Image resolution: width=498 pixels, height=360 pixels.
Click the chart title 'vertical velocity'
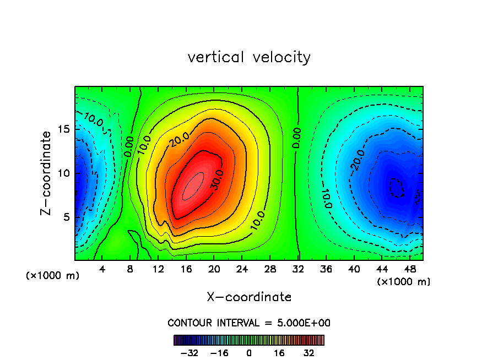coord(249,57)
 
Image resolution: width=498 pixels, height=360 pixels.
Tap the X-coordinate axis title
coord(249,297)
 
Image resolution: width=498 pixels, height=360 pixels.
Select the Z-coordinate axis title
coord(48,173)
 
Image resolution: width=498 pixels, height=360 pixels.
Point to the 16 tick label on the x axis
coord(186,269)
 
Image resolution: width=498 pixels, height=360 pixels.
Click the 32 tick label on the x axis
coord(298,269)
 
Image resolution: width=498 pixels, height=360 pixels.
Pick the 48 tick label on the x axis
coord(409,269)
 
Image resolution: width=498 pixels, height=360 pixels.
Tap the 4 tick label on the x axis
coord(102,269)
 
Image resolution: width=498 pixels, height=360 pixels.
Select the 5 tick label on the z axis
coord(66,217)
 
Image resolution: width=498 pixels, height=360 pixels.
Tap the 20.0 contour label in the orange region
coord(178,140)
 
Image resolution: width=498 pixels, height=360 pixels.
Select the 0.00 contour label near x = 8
coord(130,147)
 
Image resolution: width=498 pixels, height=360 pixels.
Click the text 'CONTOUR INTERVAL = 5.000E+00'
coord(249,323)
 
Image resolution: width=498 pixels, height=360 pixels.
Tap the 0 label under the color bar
coord(249,353)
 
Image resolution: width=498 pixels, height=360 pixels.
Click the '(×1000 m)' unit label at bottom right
coord(404,282)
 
